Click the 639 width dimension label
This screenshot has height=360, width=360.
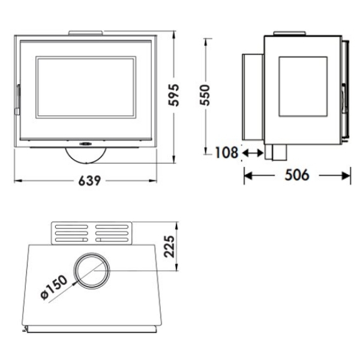click(89, 181)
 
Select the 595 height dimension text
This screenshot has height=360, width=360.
click(173, 95)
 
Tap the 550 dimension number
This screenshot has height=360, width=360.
click(205, 95)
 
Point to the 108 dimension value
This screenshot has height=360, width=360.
click(227, 152)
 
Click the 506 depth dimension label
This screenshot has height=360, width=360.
click(297, 175)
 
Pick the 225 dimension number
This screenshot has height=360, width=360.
click(170, 247)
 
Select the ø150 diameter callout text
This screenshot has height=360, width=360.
click(54, 287)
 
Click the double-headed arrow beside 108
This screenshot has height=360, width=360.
click(253, 153)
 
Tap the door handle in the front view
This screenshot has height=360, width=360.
click(17, 99)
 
